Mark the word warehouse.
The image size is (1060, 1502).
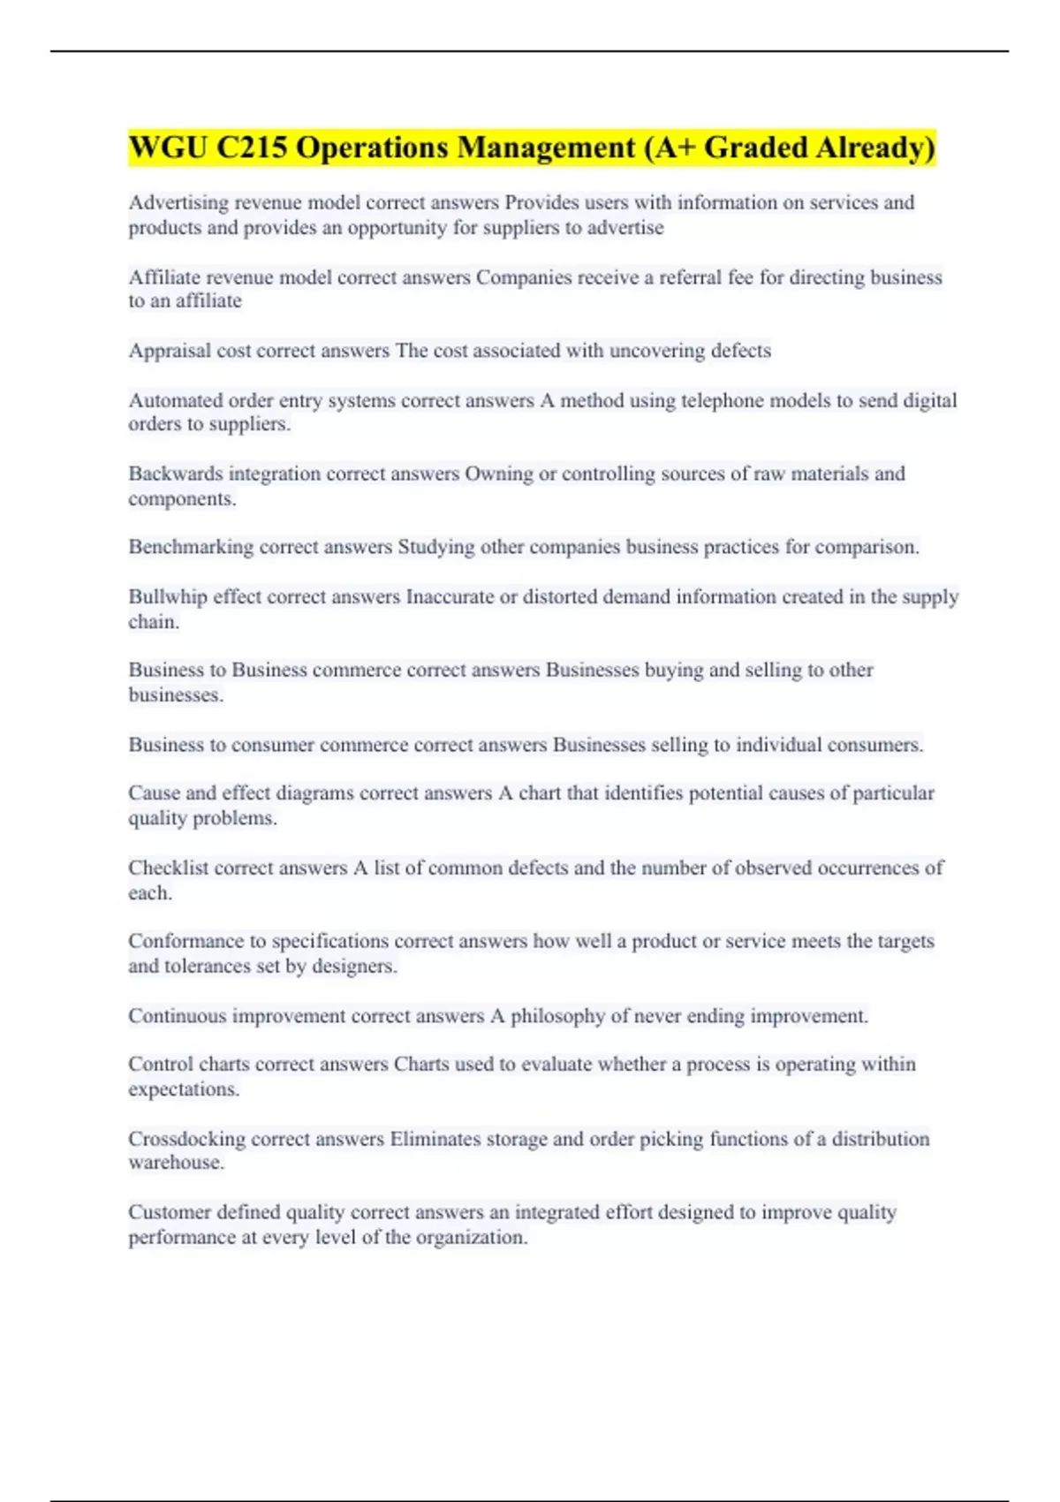point(176,1163)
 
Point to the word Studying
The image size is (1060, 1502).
point(435,547)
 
